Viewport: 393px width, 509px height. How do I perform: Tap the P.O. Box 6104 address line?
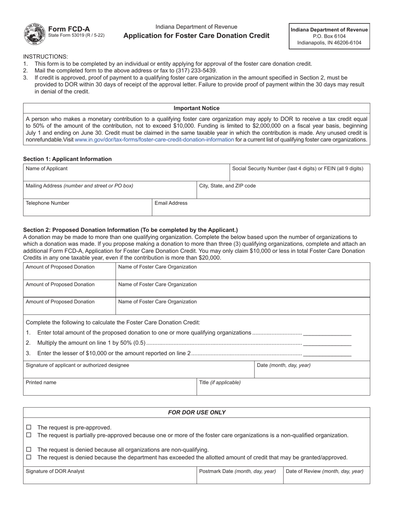click(x=329, y=36)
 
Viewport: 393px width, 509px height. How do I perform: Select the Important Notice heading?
click(x=196, y=108)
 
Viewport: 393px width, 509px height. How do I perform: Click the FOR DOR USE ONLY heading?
click(x=196, y=413)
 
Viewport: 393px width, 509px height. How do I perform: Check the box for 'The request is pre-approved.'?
click(x=29, y=427)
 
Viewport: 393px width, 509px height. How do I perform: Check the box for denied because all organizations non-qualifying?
click(x=29, y=449)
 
